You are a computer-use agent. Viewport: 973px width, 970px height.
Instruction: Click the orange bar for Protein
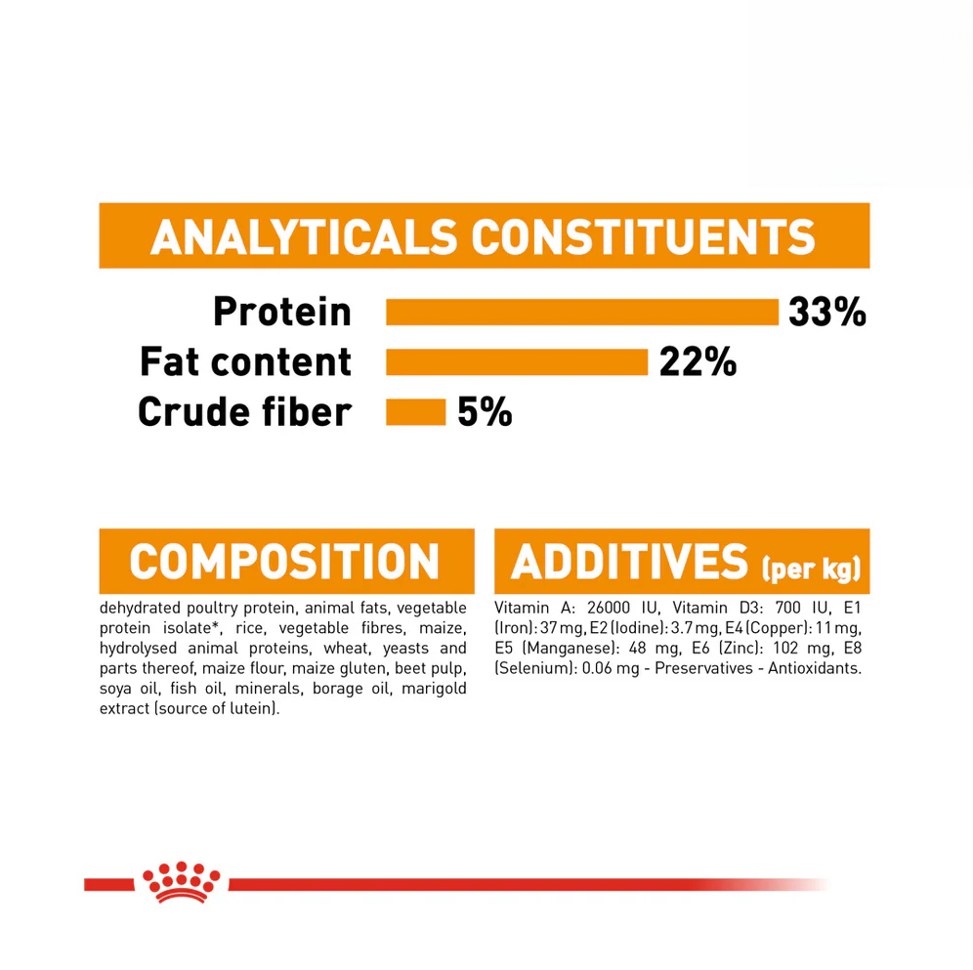(x=582, y=313)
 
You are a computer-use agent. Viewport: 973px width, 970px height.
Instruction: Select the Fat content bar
(x=517, y=362)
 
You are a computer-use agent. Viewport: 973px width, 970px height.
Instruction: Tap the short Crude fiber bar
(x=416, y=411)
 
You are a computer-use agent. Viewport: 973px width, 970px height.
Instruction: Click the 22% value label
(x=698, y=362)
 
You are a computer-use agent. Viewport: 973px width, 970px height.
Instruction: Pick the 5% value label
(x=485, y=411)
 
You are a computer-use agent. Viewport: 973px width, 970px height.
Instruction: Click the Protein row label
(x=282, y=313)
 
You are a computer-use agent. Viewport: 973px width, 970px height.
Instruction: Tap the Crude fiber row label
(x=243, y=411)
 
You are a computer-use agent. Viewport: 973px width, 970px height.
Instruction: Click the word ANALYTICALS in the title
(x=304, y=236)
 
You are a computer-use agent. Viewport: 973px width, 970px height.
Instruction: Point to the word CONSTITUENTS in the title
(x=644, y=236)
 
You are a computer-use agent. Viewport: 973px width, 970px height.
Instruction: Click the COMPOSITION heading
(x=285, y=561)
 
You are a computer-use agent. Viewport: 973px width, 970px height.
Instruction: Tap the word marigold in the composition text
(x=430, y=689)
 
